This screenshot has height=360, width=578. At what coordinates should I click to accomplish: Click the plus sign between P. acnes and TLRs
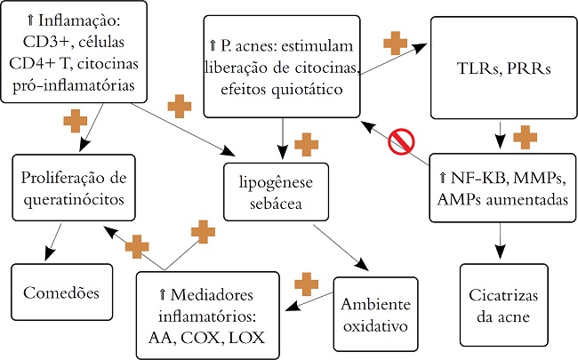click(394, 43)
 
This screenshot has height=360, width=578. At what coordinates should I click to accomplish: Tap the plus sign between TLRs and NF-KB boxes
click(526, 137)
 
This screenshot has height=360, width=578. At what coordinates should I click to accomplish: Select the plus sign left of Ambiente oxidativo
click(306, 284)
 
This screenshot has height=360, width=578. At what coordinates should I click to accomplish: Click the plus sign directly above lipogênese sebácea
click(306, 142)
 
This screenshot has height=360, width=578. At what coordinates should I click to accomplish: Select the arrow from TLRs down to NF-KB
click(500, 137)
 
